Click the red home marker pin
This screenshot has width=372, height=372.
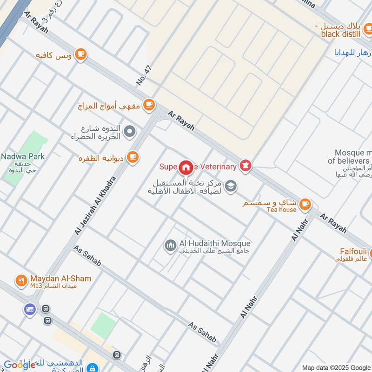tap(186, 166)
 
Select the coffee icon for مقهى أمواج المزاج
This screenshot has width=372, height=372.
tap(149, 105)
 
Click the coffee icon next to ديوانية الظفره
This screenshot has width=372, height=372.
tap(133, 157)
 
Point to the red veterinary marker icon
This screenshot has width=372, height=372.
tap(245, 166)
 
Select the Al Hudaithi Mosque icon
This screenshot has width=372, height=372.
tap(171, 245)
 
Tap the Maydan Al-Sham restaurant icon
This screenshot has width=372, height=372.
tap(21, 280)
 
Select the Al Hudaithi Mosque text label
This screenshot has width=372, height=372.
tap(214, 243)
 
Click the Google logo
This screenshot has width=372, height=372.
tap(20, 365)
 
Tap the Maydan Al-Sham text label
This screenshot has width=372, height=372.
tap(61, 279)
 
